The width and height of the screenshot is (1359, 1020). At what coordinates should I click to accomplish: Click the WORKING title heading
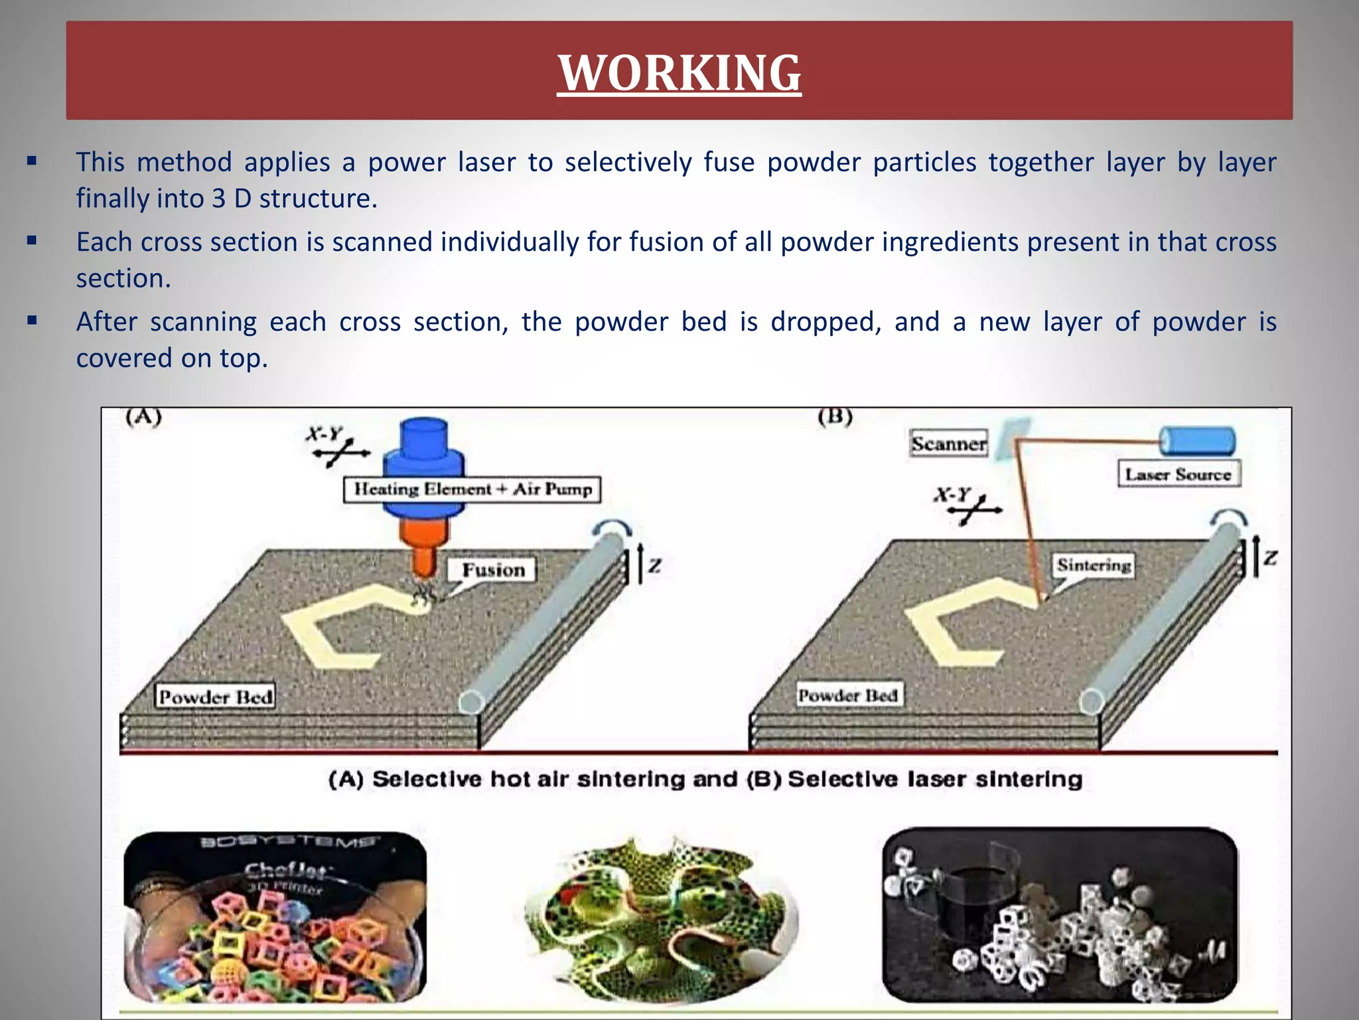[x=679, y=72]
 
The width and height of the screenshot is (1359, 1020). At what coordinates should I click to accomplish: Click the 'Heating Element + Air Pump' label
[x=472, y=489]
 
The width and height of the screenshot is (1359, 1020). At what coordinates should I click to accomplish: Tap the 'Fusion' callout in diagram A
[x=493, y=570]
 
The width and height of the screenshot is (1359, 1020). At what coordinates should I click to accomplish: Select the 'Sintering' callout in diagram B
[x=1094, y=565]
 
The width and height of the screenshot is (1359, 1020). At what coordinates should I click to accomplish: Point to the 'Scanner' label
[x=948, y=444]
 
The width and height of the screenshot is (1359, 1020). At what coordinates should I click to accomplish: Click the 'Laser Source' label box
[x=1179, y=474]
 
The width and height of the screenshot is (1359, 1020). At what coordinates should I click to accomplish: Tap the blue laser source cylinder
[x=1196, y=440]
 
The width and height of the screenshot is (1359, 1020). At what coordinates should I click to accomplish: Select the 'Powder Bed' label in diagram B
[x=847, y=695]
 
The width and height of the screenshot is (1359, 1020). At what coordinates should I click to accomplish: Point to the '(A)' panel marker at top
[x=143, y=417]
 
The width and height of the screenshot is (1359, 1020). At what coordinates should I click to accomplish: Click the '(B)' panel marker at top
[x=835, y=417]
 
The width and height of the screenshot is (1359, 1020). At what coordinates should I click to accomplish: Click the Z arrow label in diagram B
[x=1269, y=557]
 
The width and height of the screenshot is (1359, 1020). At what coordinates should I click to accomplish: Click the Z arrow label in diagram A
[x=654, y=565]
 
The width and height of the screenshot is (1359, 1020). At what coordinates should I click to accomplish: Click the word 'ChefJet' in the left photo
[x=285, y=869]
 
